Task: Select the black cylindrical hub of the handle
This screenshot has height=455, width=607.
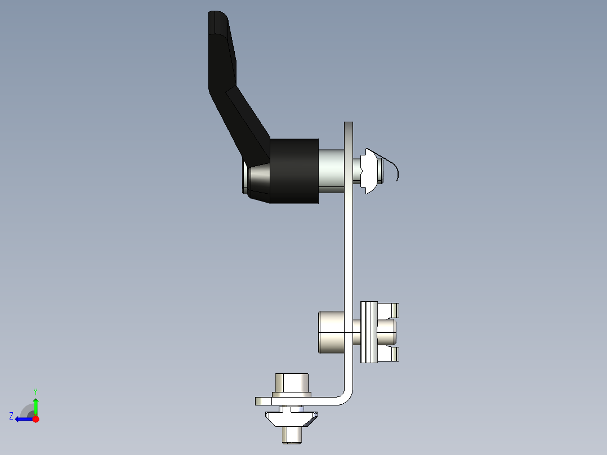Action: pyautogui.click(x=294, y=171)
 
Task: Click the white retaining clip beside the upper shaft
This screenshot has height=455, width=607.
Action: pyautogui.click(x=369, y=171)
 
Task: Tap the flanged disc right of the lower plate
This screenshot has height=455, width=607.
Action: pyautogui.click(x=368, y=332)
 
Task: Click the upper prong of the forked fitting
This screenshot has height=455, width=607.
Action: pyautogui.click(x=389, y=310)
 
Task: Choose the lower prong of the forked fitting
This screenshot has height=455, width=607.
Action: pyautogui.click(x=389, y=354)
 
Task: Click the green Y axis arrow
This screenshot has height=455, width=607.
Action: pyautogui.click(x=35, y=404)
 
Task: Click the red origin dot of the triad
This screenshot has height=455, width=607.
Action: pyautogui.click(x=35, y=419)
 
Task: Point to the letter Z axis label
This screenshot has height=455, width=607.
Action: pyautogui.click(x=11, y=416)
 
